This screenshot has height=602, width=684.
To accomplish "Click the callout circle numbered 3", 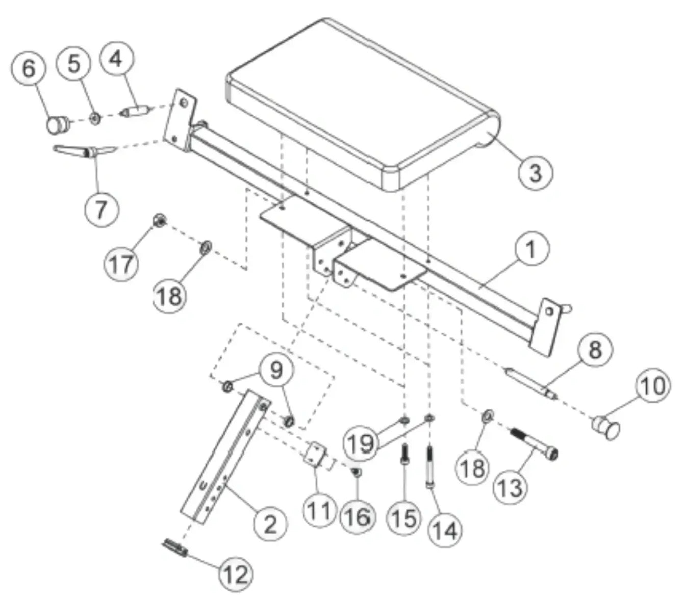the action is point(536,172).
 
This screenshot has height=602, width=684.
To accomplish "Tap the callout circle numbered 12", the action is point(236,573).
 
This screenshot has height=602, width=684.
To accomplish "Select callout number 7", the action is point(102,210).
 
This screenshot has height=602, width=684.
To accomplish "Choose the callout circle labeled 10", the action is point(653,386).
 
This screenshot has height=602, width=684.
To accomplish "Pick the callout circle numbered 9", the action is point(276,371).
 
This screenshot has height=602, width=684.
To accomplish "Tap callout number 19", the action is point(360,443).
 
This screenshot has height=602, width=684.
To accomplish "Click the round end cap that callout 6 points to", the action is point(58,125).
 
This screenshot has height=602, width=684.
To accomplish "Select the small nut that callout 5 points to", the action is point(94,118).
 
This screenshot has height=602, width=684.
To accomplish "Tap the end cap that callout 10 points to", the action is point(605,428).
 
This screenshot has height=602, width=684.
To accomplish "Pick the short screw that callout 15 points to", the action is point(405,454).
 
